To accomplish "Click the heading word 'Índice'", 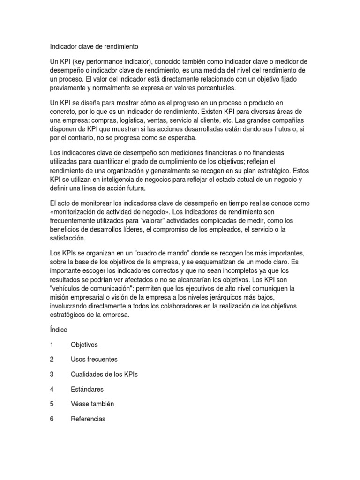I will (x=59, y=330).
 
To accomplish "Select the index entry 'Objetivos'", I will (x=84, y=345).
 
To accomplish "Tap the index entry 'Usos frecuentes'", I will (x=94, y=360).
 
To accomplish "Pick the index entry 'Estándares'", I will (x=87, y=390).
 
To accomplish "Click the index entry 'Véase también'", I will (x=92, y=404).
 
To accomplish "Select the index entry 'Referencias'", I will (x=88, y=419).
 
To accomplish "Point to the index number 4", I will (x=52, y=390).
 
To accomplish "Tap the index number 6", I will (x=52, y=419).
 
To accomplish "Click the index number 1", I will (x=52, y=345).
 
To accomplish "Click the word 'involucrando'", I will (x=71, y=306).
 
